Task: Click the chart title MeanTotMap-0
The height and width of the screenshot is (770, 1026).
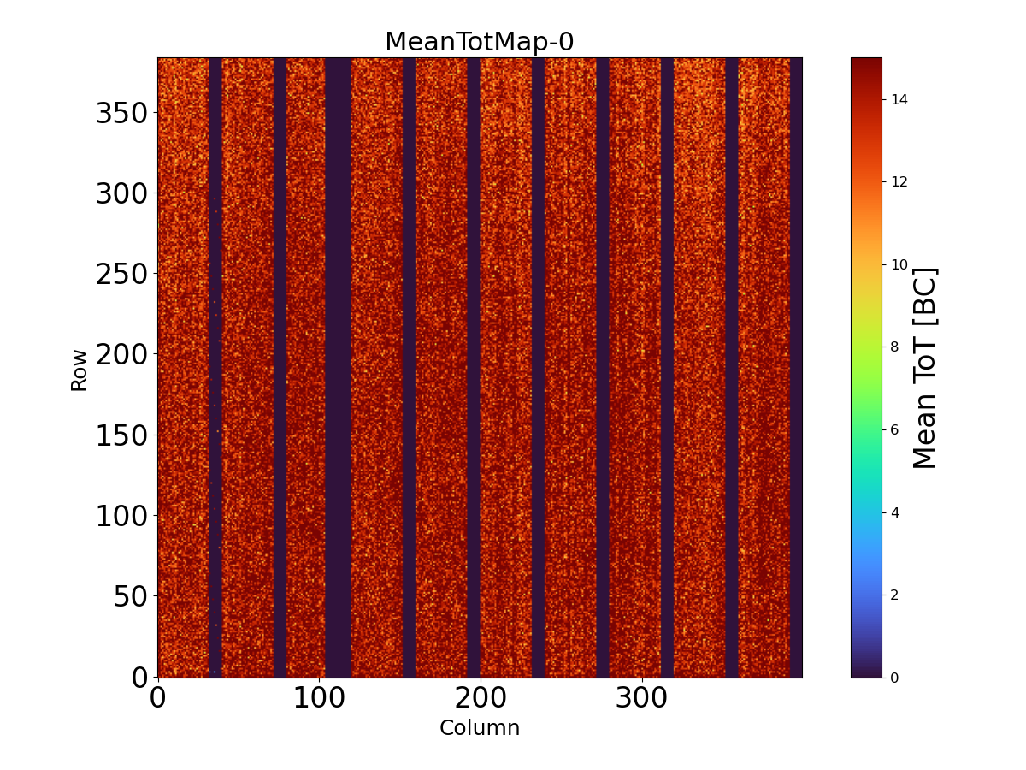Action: pos(479,42)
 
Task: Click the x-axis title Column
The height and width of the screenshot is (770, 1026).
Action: pos(479,728)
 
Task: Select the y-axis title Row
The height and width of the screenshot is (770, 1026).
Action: pos(79,370)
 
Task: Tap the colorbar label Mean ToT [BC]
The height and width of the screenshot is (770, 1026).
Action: pos(925,368)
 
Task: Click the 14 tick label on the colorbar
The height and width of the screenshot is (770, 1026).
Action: pos(899,99)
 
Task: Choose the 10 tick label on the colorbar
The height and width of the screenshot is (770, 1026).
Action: pos(899,264)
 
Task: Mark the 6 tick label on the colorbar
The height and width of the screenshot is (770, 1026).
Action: pos(895,429)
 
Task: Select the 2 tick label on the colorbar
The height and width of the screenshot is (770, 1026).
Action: pos(895,595)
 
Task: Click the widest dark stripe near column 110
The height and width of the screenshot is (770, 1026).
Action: pos(338,368)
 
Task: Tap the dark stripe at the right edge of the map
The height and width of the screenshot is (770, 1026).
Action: pos(796,368)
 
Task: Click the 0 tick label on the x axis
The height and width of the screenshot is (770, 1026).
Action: pos(157,699)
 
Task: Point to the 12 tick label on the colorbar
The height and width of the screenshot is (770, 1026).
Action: pos(899,181)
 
